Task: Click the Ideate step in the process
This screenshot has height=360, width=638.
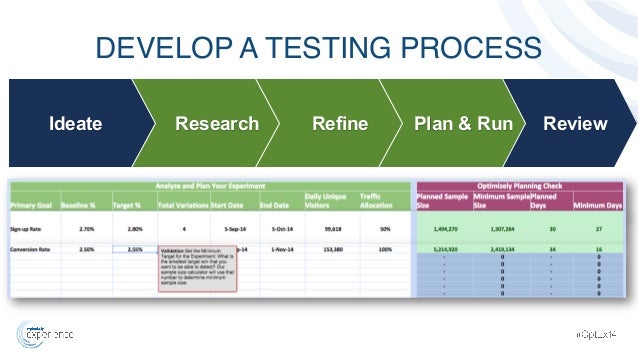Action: tap(76, 124)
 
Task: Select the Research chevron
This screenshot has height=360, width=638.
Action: tap(216, 124)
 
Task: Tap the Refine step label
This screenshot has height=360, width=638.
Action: tap(340, 124)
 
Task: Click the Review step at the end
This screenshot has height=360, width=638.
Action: tap(574, 124)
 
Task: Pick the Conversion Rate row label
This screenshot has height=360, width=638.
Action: tap(32, 249)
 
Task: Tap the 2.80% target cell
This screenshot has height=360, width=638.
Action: tap(133, 229)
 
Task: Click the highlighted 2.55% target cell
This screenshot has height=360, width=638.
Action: tap(133, 249)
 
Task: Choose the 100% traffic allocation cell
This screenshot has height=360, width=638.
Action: tap(383, 249)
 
